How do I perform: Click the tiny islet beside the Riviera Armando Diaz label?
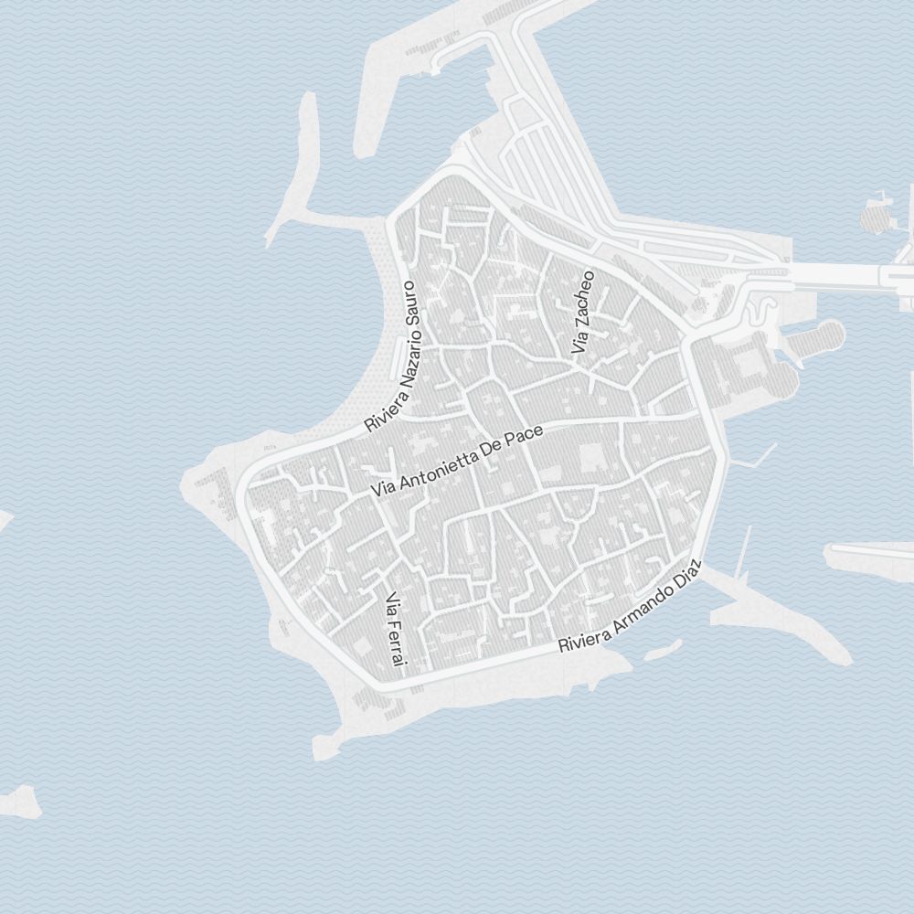[x=663, y=650]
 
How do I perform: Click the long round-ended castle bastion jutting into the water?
[x=813, y=339]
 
